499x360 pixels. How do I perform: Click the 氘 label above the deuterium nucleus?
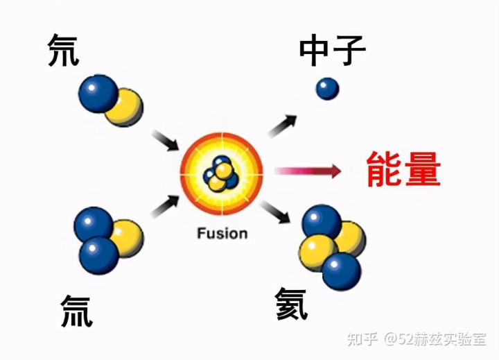(x=63, y=51)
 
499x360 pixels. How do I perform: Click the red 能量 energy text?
(x=403, y=169)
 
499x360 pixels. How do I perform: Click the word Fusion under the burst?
(x=222, y=233)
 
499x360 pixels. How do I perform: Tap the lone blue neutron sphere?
(x=327, y=88)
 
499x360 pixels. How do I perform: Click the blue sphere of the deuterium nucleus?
(x=98, y=93)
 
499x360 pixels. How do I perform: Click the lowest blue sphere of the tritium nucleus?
(x=99, y=255)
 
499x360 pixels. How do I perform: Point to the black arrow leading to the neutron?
(x=282, y=126)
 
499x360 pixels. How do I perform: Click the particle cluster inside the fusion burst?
(x=221, y=173)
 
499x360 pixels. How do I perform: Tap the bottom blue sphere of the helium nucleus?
(x=342, y=271)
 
